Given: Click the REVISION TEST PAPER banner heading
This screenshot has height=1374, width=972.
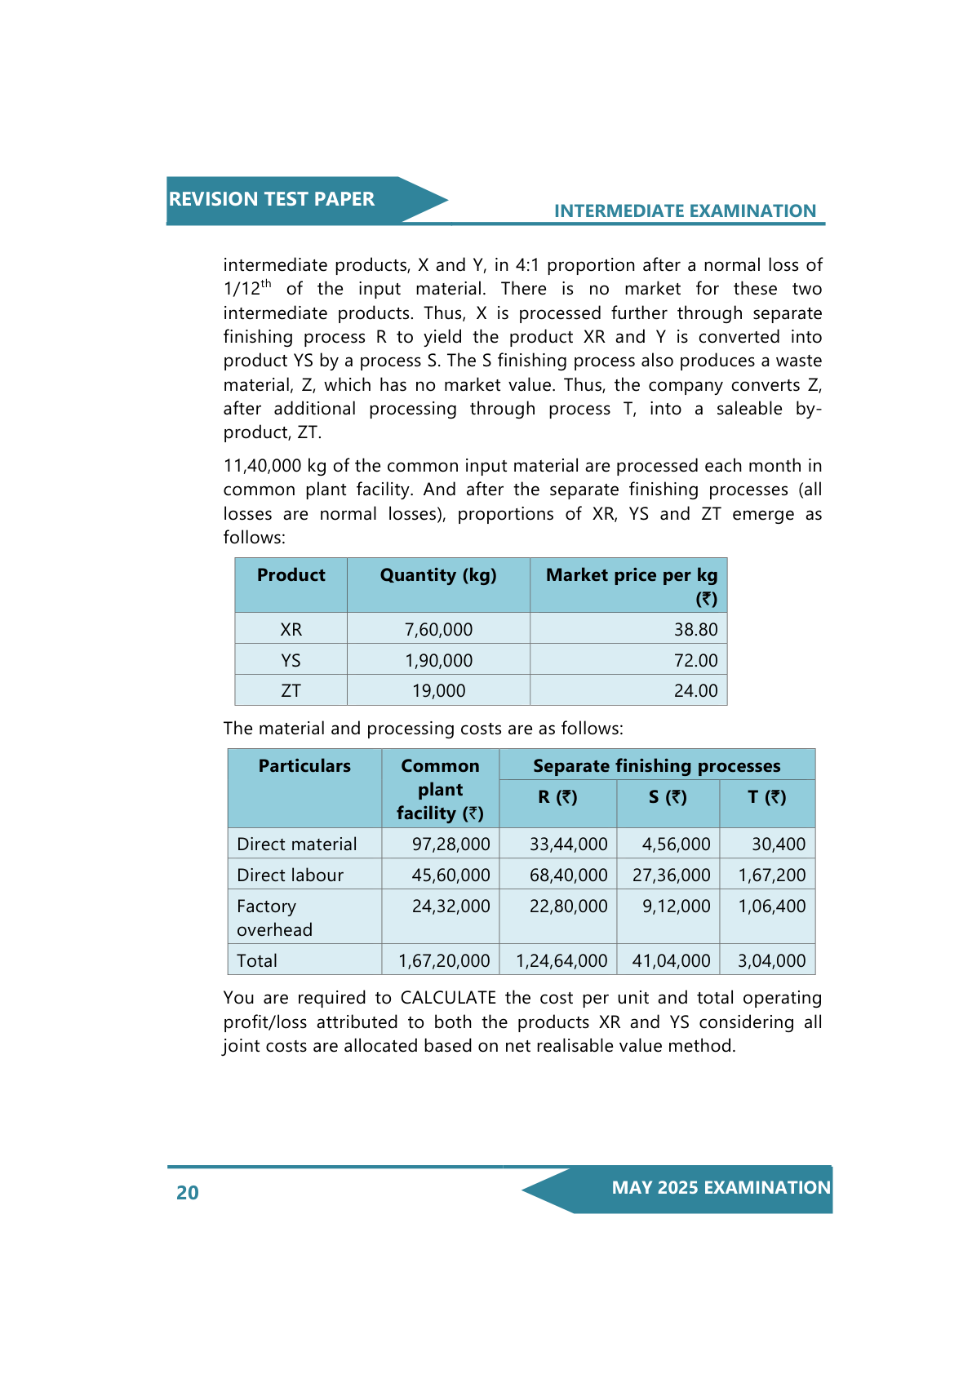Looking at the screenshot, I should point(272,199).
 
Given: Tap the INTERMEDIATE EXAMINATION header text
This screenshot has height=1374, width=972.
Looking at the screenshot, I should point(685,211).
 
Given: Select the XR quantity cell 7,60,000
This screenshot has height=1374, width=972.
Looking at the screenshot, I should point(438,630).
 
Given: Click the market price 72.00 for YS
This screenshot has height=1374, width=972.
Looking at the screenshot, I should point(695,661).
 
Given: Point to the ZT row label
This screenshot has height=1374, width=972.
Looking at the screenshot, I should point(291,691).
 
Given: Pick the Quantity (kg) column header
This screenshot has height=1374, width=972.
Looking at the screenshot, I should point(438,575).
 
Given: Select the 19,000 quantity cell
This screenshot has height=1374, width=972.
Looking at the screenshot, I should point(438,691).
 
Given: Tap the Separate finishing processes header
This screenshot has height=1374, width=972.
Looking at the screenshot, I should point(656,766).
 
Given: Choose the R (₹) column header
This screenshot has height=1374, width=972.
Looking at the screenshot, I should point(557,797).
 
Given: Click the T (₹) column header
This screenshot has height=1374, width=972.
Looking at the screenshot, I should point(766,797).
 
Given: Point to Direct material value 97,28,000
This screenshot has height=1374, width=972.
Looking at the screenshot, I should point(450,844).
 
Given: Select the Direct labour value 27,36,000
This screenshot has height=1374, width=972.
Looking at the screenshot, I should point(671,875).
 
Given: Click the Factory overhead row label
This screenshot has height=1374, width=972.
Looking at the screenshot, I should point(274,918).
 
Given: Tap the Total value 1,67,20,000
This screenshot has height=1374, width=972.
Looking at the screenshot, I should point(444,961).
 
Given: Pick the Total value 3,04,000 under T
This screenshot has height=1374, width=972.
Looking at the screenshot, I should point(771,961).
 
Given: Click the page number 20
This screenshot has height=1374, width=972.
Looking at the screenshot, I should point(188,1193).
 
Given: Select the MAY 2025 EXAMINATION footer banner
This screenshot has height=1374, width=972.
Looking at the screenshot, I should point(721,1188).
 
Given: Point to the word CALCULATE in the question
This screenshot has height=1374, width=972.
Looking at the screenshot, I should point(448,998).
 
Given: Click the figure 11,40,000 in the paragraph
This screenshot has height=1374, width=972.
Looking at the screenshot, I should point(263,466).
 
